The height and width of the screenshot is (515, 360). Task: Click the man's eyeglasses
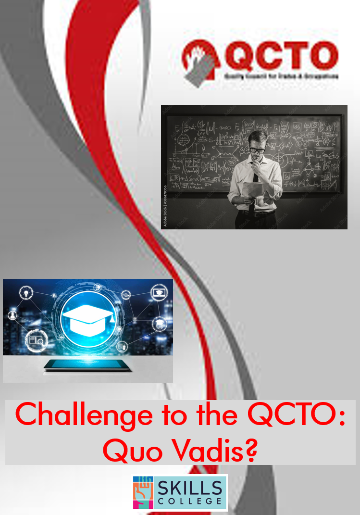point(257,149)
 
